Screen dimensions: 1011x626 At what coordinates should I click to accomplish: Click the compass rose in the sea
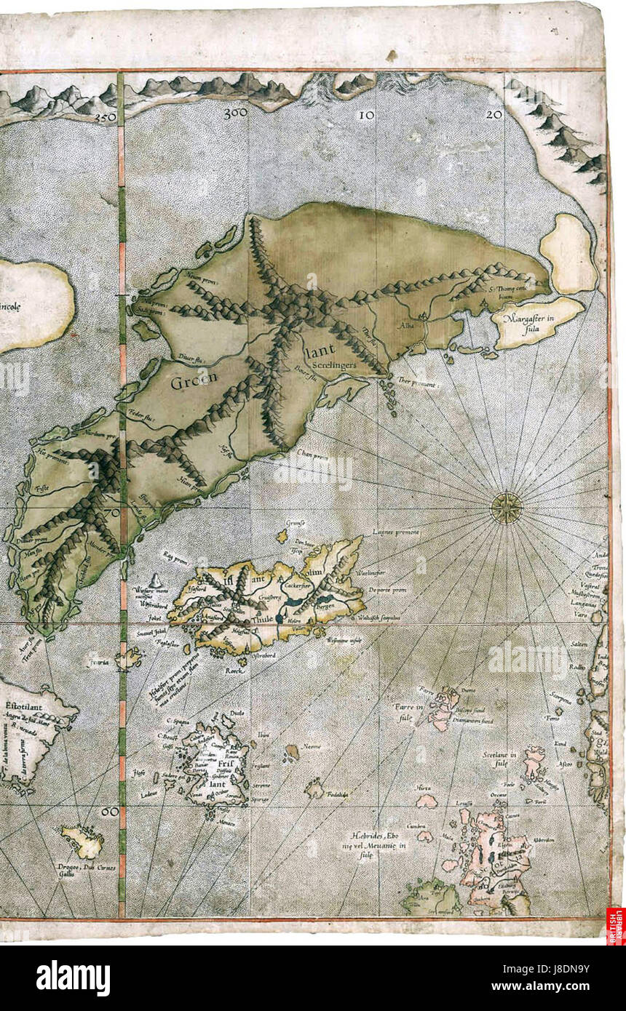point(504,507)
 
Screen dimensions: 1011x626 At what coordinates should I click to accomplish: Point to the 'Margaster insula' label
point(536,320)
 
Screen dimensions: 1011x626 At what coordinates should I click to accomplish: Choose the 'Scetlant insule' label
point(499,759)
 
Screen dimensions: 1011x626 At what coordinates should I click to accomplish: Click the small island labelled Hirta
point(426,801)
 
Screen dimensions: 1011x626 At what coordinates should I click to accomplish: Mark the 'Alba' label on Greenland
point(405,327)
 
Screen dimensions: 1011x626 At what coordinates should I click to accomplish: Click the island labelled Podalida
point(315,788)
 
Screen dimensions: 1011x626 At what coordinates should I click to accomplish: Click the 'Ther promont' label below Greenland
point(419,383)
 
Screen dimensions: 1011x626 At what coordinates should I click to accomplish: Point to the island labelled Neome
point(293,751)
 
